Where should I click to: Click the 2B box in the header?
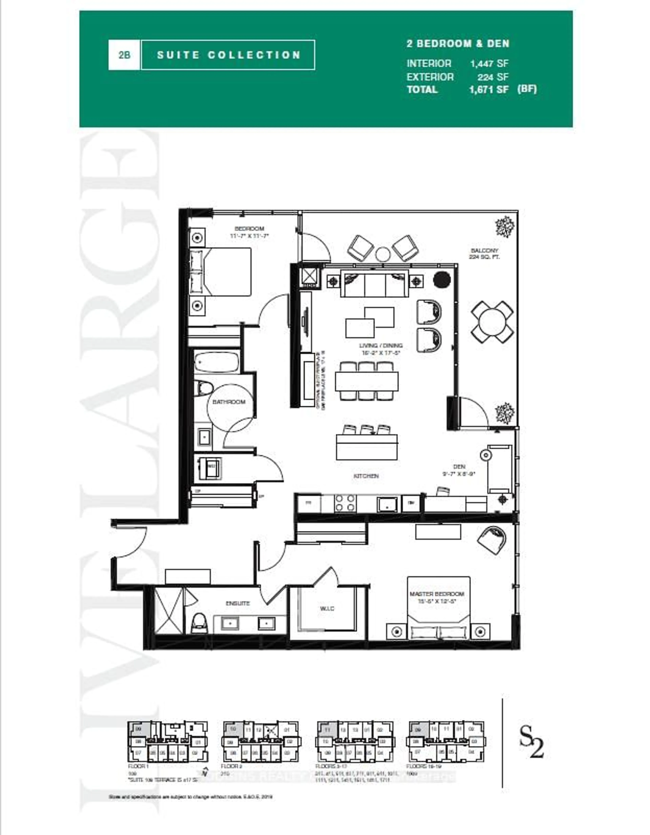(x=124, y=55)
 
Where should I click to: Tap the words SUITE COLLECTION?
(x=229, y=55)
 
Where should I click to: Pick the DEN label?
(x=459, y=469)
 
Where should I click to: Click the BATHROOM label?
(x=229, y=402)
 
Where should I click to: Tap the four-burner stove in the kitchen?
(x=345, y=504)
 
